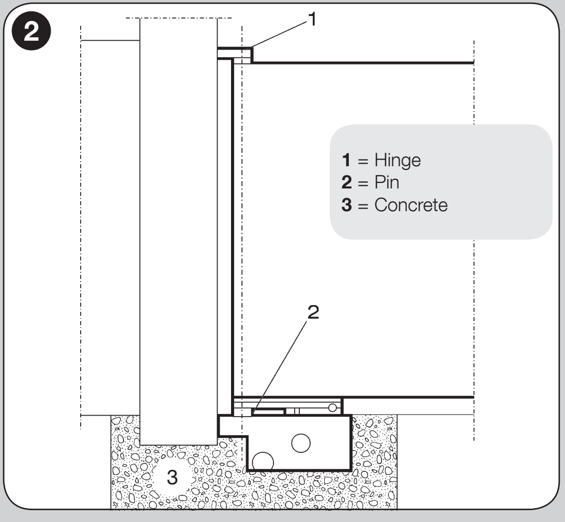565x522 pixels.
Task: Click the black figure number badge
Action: [x=32, y=31]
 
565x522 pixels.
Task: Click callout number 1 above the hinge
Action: [x=312, y=19]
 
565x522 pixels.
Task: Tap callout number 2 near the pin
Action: [x=313, y=312]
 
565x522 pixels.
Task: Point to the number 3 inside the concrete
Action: [x=172, y=478]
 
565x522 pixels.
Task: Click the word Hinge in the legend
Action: [x=398, y=161]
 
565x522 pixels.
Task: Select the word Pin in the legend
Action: [x=387, y=182]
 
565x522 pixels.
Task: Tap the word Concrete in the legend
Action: [x=411, y=205]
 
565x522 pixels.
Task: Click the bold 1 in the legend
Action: [x=346, y=160]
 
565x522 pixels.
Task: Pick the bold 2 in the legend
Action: [x=347, y=182]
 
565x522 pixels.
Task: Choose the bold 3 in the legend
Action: [x=347, y=205]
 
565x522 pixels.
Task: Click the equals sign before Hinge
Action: [x=363, y=162]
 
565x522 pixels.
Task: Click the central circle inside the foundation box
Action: [x=301, y=443]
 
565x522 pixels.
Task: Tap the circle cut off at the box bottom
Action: [x=263, y=462]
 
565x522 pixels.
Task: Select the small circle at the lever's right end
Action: [x=332, y=408]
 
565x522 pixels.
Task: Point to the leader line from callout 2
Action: [x=280, y=367]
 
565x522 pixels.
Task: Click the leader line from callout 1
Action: [x=279, y=35]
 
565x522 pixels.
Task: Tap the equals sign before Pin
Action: [x=363, y=184]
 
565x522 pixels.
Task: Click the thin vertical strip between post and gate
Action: [x=224, y=237]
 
